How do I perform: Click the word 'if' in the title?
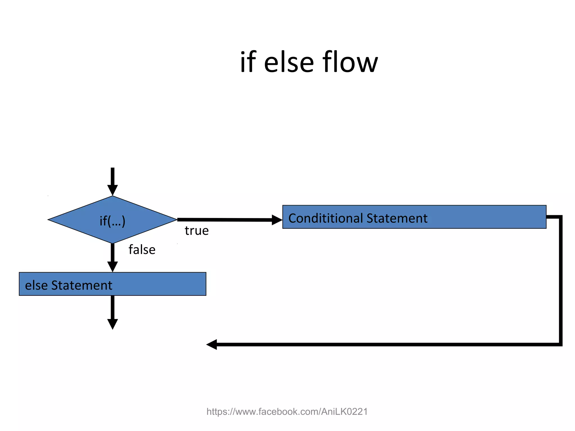pyautogui.click(x=248, y=62)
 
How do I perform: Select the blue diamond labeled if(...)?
pyautogui.click(x=112, y=220)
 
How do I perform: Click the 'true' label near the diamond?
pyautogui.click(x=197, y=231)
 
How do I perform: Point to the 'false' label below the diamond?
pyautogui.click(x=142, y=250)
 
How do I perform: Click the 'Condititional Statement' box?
pyautogui.click(x=414, y=217)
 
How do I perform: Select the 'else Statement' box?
pyautogui.click(x=112, y=284)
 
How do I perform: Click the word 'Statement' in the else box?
pyautogui.click(x=82, y=285)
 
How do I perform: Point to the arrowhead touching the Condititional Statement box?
pyautogui.click(x=277, y=220)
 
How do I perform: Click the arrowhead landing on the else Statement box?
pyautogui.click(x=112, y=267)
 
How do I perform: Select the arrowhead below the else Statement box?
pyautogui.click(x=112, y=324)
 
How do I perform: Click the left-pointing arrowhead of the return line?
pyautogui.click(x=212, y=344)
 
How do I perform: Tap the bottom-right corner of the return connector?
pyautogui.click(x=560, y=344)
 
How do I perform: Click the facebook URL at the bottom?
pyautogui.click(x=287, y=412)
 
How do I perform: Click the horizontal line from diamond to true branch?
pyautogui.click(x=225, y=220)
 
